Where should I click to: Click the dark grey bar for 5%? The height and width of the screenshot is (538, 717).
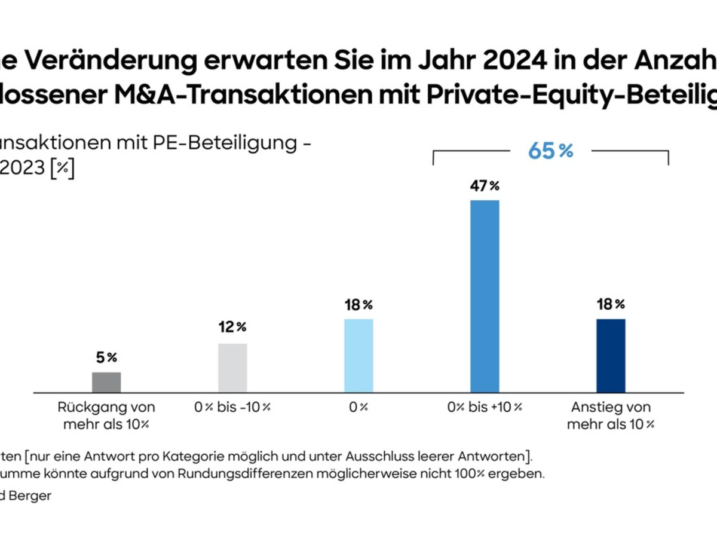tap(106, 382)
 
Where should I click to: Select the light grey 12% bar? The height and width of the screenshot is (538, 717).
tap(232, 368)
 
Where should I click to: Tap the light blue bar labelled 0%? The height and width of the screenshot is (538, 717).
tap(358, 356)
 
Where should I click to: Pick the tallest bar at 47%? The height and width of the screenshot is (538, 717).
tap(485, 296)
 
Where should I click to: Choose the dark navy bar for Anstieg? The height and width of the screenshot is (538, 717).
tap(611, 356)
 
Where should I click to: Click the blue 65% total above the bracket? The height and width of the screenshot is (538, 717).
tap(550, 151)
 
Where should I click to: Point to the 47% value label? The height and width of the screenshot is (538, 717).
tap(485, 186)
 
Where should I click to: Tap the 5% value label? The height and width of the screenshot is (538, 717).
tap(106, 358)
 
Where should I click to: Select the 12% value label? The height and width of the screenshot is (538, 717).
tap(232, 327)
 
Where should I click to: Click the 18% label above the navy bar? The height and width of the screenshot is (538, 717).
tap(611, 304)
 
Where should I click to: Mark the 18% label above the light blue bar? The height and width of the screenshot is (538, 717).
tap(358, 304)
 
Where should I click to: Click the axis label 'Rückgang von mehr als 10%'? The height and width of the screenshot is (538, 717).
tap(106, 416)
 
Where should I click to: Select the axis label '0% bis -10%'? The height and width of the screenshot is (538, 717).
tap(232, 408)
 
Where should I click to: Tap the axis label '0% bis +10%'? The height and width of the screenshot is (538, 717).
tap(485, 408)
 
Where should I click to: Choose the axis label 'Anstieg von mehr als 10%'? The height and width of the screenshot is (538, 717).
tap(611, 416)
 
